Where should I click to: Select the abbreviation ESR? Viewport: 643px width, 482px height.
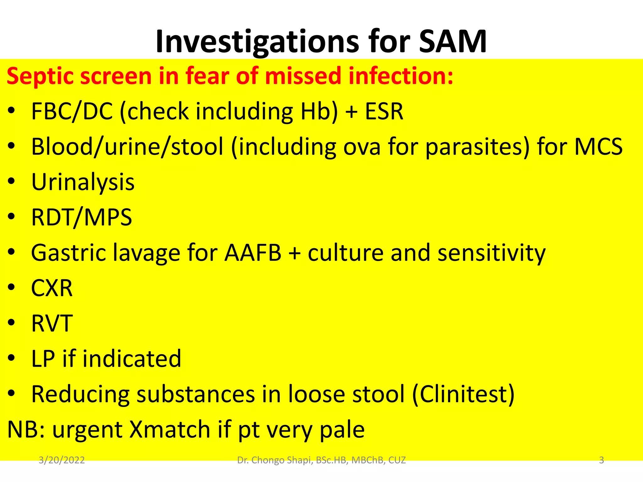tap(384, 111)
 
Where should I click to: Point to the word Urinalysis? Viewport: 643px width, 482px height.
tap(83, 182)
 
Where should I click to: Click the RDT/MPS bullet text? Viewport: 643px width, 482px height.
tap(82, 217)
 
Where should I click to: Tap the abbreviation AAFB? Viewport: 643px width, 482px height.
tap(253, 253)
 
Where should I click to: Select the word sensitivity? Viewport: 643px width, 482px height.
tap(492, 253)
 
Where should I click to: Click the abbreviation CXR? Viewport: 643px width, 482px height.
tap(52, 288)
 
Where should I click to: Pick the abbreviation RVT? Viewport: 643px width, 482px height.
tap(52, 323)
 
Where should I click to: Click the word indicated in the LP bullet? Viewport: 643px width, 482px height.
tap(132, 358)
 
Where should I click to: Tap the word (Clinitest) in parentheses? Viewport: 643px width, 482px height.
tap(463, 394)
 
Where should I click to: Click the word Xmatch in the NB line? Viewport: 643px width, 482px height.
tap(170, 429)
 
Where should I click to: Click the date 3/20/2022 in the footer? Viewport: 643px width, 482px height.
tap(62, 460)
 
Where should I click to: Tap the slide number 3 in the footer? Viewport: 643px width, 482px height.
tap(601, 460)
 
